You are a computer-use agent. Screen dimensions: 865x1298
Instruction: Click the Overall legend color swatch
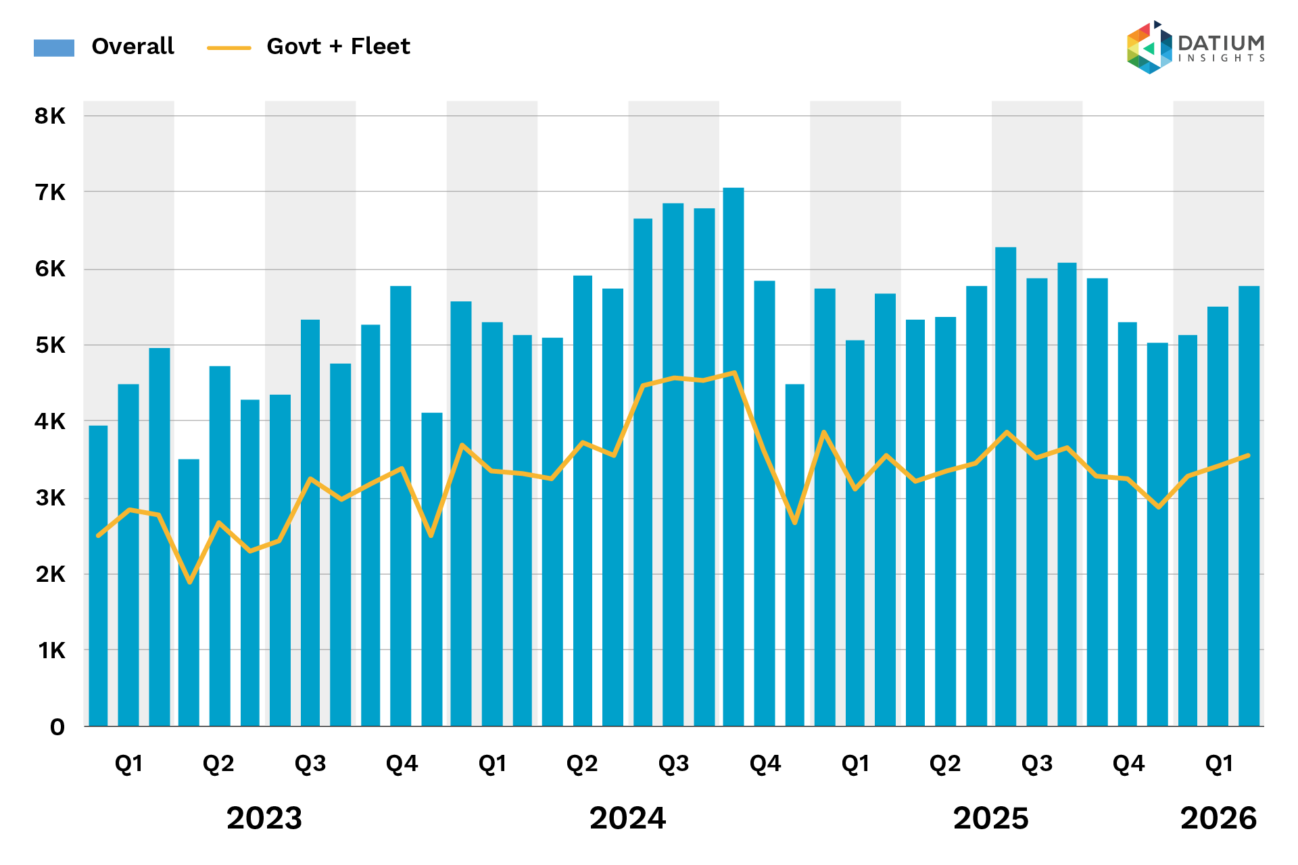54,47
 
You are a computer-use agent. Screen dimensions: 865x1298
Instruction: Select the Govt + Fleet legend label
338,46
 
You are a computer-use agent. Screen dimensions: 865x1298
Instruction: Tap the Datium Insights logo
1195,47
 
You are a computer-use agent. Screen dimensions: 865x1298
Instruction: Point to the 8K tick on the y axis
51,116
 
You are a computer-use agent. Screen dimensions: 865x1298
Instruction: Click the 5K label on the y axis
51,345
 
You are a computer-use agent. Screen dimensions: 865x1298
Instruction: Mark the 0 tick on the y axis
57,727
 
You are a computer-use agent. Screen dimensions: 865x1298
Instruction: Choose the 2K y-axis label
51,574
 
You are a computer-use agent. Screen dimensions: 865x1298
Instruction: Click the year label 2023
264,818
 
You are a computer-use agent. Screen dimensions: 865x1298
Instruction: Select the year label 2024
627,818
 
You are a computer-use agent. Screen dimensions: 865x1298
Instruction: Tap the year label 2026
1218,818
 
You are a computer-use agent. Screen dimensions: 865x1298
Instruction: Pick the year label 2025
990,818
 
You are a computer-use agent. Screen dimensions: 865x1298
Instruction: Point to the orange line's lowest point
190,582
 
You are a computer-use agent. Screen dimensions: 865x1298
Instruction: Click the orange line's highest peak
734,372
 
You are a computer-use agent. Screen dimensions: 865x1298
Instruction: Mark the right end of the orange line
1248,455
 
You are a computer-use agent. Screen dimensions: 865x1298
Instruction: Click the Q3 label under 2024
673,764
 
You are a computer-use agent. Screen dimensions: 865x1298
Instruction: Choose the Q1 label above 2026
1219,764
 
